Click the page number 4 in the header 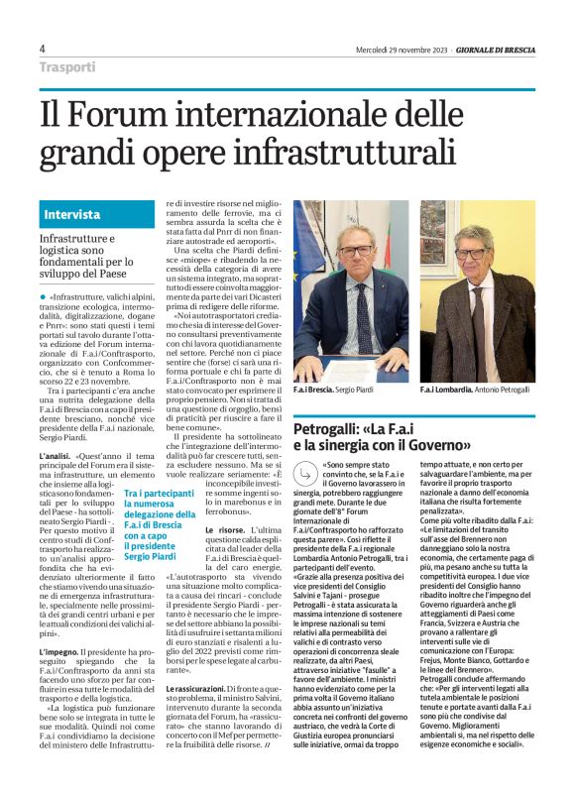(43, 50)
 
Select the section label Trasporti (68, 68)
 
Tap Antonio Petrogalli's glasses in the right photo (475, 255)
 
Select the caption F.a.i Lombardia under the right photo (450, 391)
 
